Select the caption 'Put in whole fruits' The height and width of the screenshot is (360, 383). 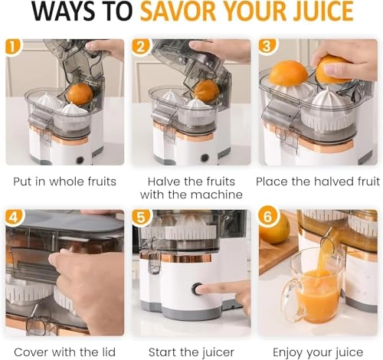[x=64, y=182]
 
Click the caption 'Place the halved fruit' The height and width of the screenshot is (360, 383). [x=316, y=182]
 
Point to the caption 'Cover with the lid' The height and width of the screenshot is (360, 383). [x=64, y=351]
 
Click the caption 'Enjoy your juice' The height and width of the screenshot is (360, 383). [x=316, y=351]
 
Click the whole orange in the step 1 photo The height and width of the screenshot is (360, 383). [x=79, y=93]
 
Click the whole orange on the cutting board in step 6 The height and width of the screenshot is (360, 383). [x=273, y=227]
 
